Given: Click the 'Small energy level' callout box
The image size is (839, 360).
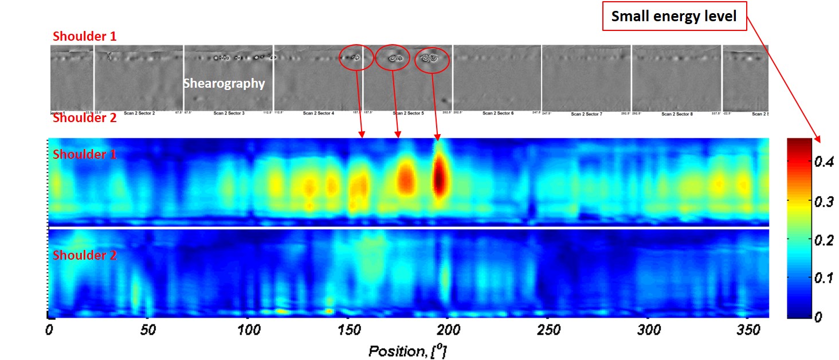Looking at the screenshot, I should (x=674, y=17).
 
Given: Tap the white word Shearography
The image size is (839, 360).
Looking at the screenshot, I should (x=224, y=84).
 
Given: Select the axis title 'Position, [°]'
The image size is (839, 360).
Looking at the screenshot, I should (x=407, y=350).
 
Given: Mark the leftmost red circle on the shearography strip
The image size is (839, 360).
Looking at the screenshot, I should (x=356, y=57).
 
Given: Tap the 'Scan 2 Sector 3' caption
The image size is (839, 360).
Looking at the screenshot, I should (x=229, y=114).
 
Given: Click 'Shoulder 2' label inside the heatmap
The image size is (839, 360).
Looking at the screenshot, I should (x=84, y=256).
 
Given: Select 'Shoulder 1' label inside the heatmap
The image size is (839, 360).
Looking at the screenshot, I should (x=84, y=154).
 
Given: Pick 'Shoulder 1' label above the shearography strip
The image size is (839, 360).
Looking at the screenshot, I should (x=84, y=36).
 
